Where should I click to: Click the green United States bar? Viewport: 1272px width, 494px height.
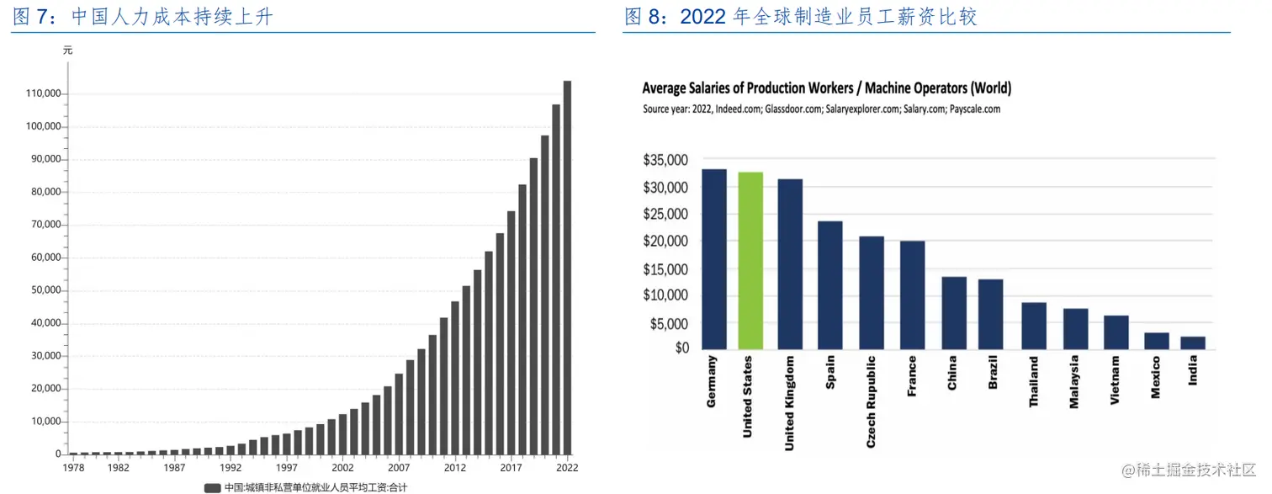click(750, 260)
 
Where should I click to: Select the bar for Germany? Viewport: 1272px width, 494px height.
click(714, 259)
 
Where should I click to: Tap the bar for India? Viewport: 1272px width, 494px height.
click(1193, 343)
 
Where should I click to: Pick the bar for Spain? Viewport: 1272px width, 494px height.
click(829, 285)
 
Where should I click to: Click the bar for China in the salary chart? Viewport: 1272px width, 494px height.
click(953, 312)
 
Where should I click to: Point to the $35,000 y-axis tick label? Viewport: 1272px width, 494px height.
click(665, 160)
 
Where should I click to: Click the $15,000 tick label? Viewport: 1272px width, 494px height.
click(665, 269)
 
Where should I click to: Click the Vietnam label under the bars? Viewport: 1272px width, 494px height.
click(1115, 381)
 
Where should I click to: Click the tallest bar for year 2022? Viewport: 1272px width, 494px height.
click(567, 268)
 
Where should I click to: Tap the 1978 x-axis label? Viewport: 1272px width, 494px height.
click(74, 468)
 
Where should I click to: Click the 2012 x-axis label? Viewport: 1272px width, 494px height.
click(455, 468)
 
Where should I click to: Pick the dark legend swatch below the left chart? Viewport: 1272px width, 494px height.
click(212, 487)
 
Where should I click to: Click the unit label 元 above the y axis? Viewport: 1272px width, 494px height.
click(68, 50)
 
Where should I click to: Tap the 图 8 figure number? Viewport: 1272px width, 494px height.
click(644, 17)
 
